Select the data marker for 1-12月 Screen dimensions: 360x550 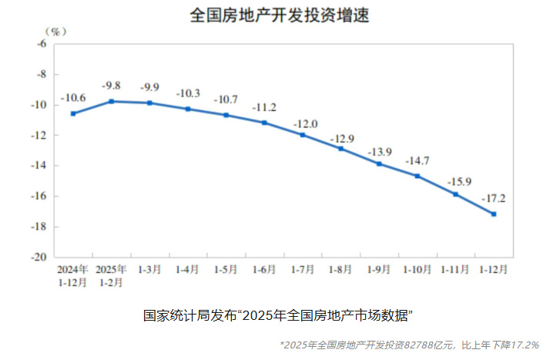pos(493,214)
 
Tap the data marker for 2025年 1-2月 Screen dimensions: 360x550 pos(111,101)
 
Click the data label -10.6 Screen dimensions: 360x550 pos(72,97)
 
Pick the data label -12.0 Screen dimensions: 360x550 pos(305,123)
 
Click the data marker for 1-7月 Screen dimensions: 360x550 pos(303,135)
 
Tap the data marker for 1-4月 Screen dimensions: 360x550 pos(188,109)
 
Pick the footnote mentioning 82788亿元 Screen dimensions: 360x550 pos(408,345)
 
